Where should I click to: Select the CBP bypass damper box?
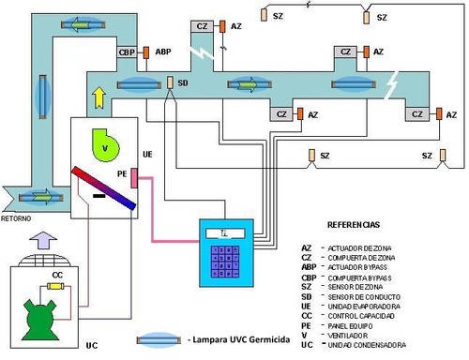[x=129, y=52]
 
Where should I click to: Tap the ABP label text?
[x=163, y=52]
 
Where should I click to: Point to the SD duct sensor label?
[x=184, y=82]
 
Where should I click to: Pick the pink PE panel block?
[x=134, y=177]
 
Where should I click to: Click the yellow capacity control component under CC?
[x=57, y=288]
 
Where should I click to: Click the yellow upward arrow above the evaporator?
[x=97, y=97]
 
